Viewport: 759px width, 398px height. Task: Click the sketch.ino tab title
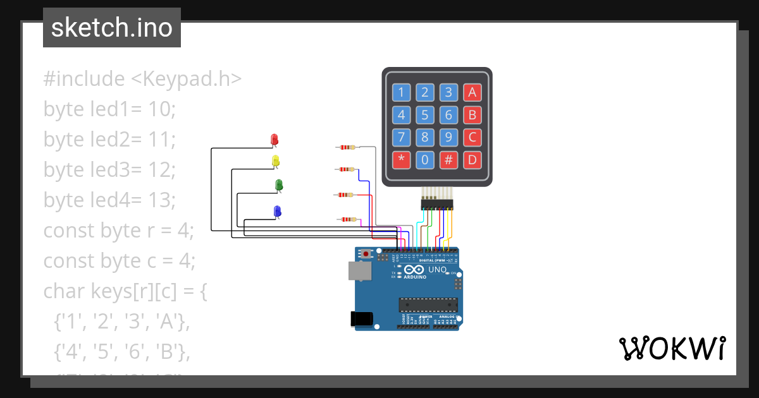click(x=111, y=28)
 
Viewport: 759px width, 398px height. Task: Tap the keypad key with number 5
click(x=425, y=115)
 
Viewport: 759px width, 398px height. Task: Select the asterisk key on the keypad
click(x=401, y=159)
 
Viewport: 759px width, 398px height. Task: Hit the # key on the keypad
click(x=448, y=159)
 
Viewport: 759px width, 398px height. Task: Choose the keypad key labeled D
click(x=472, y=159)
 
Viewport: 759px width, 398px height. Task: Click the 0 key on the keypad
click(x=425, y=159)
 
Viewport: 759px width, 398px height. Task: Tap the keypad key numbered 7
click(x=401, y=137)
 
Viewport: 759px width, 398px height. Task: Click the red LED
click(x=274, y=139)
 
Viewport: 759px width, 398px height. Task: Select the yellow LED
click(x=275, y=161)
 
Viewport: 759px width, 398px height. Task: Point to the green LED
click(x=279, y=184)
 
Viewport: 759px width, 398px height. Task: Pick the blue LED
click(x=277, y=210)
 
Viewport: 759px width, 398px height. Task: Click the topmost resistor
click(x=347, y=147)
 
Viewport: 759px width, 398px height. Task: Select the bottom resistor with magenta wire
click(x=347, y=219)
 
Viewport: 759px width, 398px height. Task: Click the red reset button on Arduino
click(x=366, y=254)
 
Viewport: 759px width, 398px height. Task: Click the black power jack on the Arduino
click(x=361, y=318)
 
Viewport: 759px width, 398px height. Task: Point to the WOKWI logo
click(x=672, y=348)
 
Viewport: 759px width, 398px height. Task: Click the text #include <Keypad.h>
click(x=142, y=79)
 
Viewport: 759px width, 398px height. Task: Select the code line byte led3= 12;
click(x=109, y=170)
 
